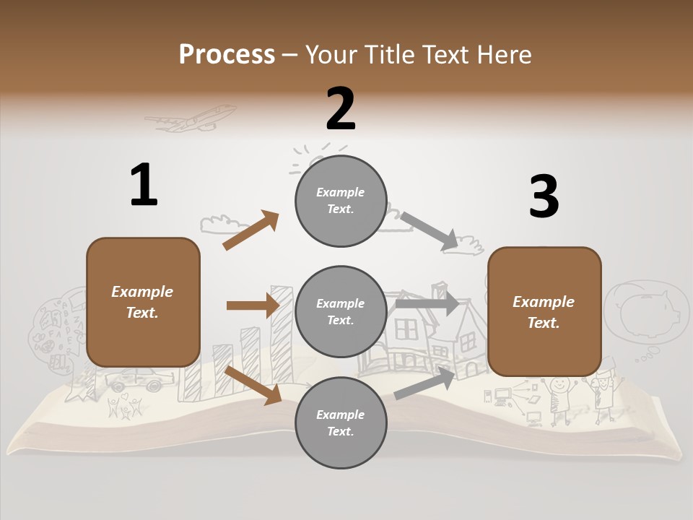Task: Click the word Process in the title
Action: [x=227, y=54]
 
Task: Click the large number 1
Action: [x=144, y=186]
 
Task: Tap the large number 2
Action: [x=341, y=108]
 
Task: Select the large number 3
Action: [x=544, y=197]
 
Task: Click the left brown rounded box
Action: [x=143, y=302]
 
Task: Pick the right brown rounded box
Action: [x=544, y=311]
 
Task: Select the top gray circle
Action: [x=341, y=201]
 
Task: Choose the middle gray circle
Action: [x=341, y=311]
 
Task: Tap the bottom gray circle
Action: [x=341, y=422]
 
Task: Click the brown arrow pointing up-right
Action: [x=250, y=230]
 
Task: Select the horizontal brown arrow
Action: [x=253, y=305]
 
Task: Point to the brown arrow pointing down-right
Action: [x=253, y=384]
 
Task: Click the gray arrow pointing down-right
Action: [x=430, y=231]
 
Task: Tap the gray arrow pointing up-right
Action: [x=425, y=383]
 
